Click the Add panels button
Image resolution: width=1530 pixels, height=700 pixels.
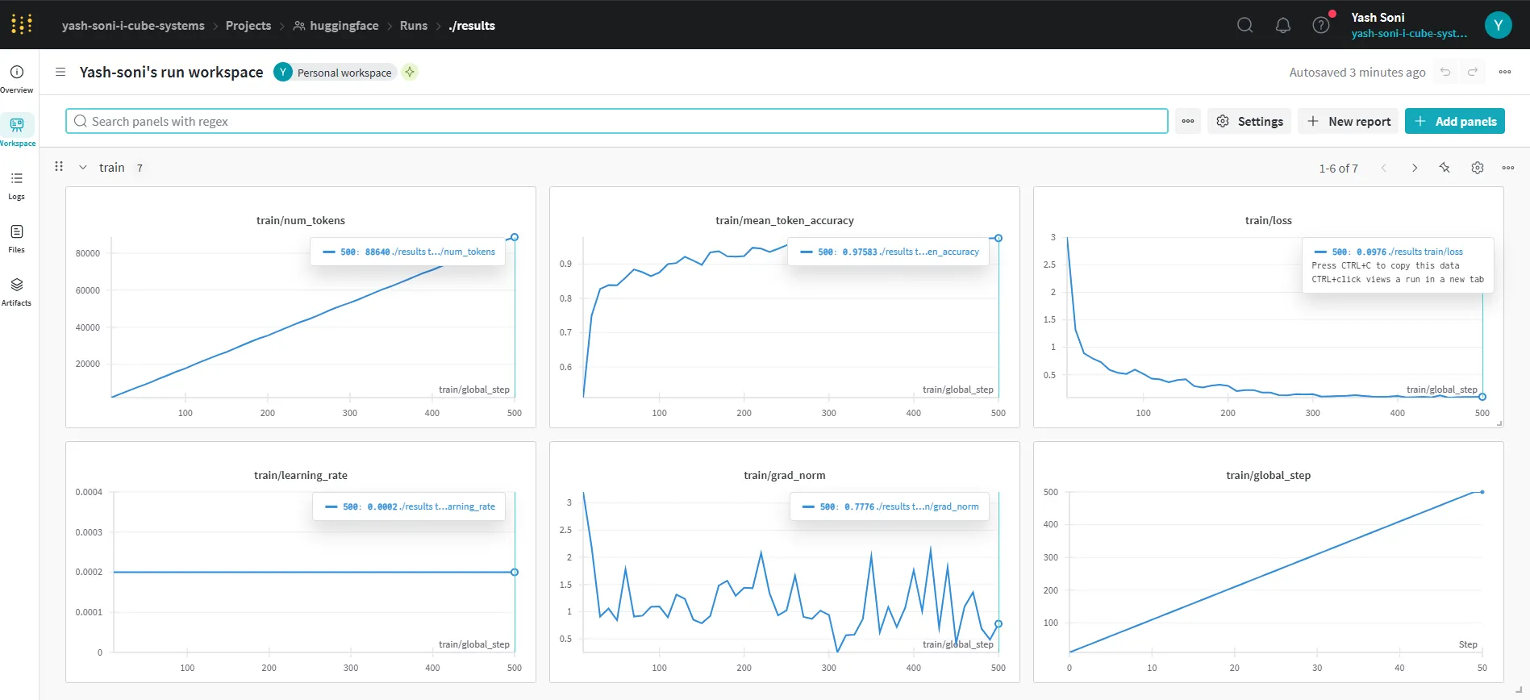tap(1454, 121)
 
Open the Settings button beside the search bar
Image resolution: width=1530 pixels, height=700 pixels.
tap(1249, 121)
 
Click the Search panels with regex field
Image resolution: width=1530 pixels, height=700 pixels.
tap(616, 121)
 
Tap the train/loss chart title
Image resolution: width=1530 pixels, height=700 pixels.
tap(1268, 220)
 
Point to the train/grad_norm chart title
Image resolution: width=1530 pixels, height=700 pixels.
tap(784, 475)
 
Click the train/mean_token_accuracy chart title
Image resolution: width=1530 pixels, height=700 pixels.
tap(784, 220)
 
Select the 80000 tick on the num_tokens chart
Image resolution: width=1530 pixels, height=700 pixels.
tap(88, 253)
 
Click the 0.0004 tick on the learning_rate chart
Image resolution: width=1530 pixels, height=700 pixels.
tap(89, 492)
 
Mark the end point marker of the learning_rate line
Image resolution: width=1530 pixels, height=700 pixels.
tap(515, 572)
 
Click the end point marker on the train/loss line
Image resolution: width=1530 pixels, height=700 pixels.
tap(1482, 397)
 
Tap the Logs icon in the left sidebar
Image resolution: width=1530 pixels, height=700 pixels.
tap(17, 178)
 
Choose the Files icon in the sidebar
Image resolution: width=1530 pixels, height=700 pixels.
tap(17, 231)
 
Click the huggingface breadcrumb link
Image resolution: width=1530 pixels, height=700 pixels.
tap(344, 25)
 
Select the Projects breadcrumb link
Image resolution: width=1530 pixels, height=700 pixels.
tap(248, 25)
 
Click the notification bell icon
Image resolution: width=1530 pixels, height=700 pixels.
tap(1283, 25)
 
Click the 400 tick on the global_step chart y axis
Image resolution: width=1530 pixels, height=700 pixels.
tap(1050, 524)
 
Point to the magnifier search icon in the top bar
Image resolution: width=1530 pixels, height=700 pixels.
tap(1245, 25)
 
